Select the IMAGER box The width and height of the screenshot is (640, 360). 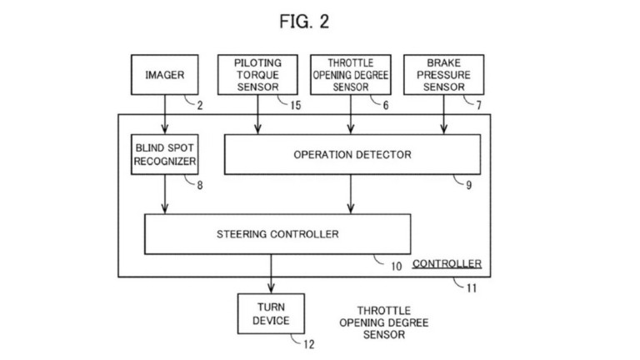click(164, 74)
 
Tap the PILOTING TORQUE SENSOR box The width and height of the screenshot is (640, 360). click(258, 74)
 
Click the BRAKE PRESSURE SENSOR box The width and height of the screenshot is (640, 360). click(443, 74)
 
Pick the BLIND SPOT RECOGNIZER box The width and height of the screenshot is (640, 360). click(164, 154)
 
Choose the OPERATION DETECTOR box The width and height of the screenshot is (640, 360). click(352, 154)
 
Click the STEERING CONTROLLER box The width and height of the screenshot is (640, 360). click(277, 234)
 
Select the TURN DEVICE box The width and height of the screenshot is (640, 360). click(272, 314)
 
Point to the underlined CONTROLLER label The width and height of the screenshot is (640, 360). click(447, 264)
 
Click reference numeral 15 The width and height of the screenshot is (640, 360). click(295, 106)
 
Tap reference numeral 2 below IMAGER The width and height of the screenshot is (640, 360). click(199, 106)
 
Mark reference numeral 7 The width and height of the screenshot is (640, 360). click(477, 106)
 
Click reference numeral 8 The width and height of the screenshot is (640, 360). click(199, 185)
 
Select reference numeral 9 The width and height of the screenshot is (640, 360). click(468, 185)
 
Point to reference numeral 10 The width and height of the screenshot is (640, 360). click(396, 267)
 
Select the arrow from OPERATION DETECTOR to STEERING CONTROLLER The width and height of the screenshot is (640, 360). click(351, 194)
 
